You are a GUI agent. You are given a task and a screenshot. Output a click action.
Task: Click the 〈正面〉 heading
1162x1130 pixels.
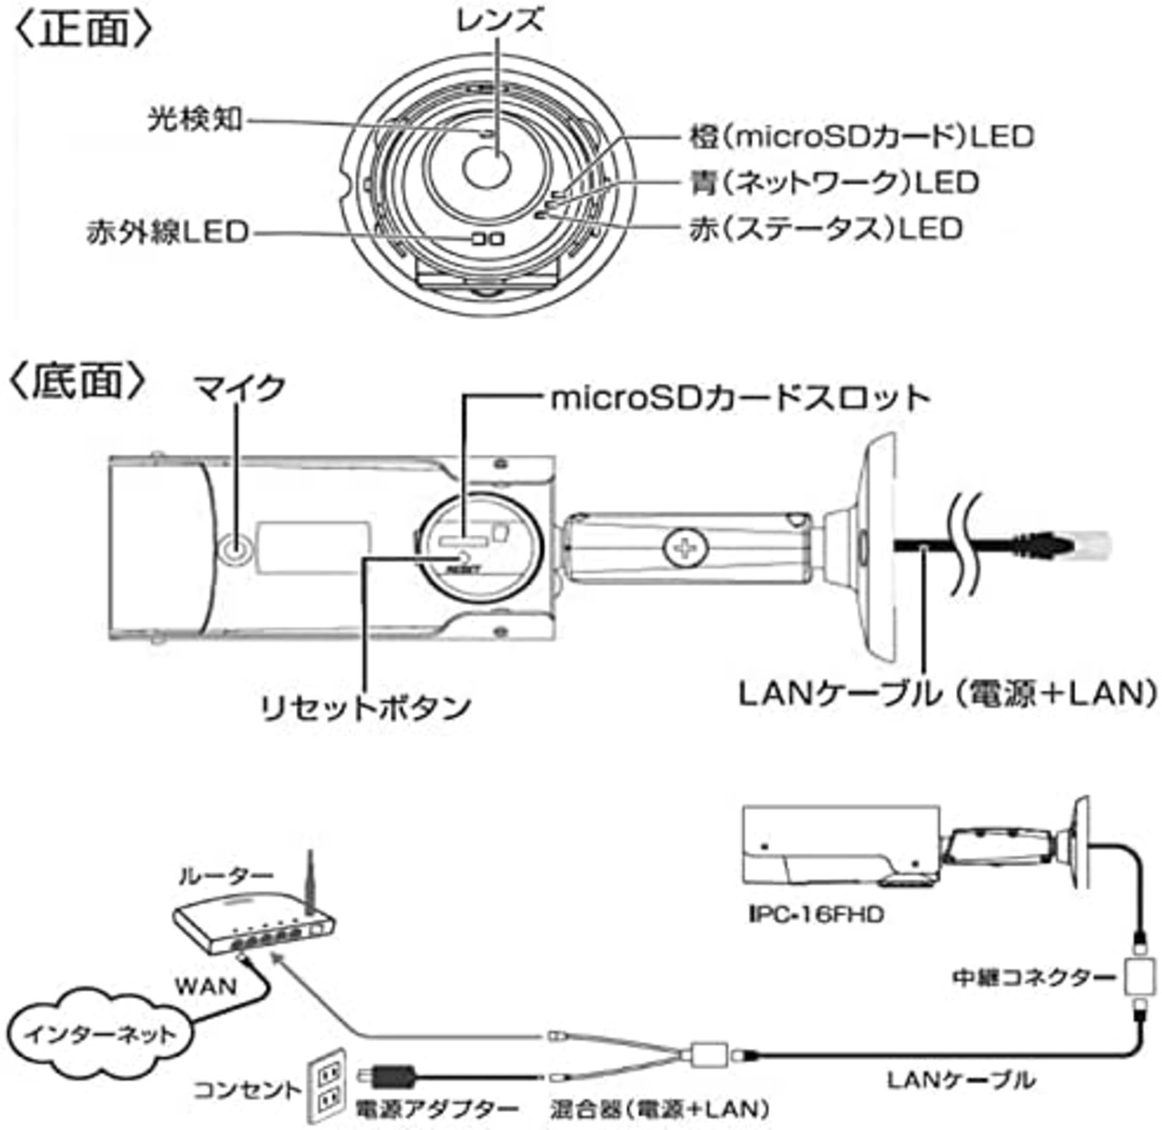point(83,29)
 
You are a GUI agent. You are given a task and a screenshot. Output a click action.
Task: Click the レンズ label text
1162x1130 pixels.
point(499,20)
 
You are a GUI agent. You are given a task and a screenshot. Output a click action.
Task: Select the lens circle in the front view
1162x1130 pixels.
point(487,167)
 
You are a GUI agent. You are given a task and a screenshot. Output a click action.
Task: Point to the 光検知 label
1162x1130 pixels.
point(195,120)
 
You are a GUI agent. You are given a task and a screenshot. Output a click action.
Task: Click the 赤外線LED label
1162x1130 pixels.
point(167,232)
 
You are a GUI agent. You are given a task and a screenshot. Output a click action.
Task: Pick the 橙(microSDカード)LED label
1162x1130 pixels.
point(861,137)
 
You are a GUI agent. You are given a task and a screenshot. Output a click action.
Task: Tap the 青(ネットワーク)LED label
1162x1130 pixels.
point(834,183)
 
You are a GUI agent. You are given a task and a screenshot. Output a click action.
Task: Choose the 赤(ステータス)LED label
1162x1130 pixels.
point(826,229)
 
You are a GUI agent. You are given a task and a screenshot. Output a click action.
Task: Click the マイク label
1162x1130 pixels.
point(240,389)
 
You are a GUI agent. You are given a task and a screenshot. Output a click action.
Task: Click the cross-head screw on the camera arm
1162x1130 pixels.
point(686,546)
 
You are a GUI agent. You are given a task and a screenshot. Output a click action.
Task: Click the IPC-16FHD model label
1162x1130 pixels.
point(816,915)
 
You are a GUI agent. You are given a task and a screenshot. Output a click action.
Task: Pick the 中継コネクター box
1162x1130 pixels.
point(1140,977)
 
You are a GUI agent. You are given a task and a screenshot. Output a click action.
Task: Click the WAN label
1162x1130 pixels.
point(206,986)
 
